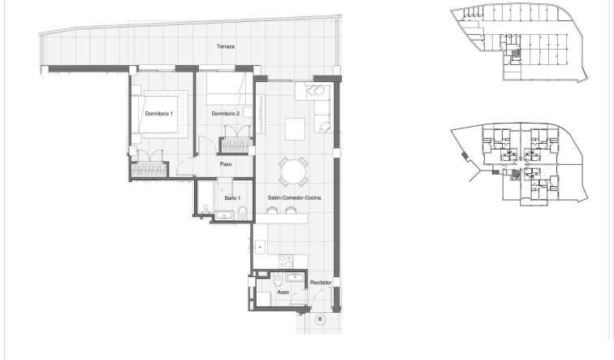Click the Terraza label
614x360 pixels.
pos(226,47)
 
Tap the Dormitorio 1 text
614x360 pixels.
pos(159,114)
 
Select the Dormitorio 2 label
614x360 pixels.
pos(225,114)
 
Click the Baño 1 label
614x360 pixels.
pos(231,198)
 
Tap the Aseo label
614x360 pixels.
pos(283,292)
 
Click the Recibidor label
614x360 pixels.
pos(320,282)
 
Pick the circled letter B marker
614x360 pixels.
pos(320,319)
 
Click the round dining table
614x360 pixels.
pos(293,171)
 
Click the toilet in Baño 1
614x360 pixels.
pos(243,213)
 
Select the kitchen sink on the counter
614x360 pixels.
pos(262,246)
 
